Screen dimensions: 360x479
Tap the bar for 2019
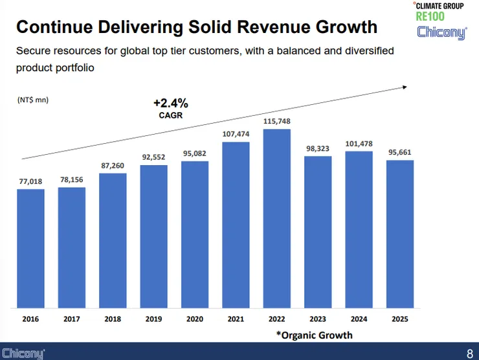(153, 236)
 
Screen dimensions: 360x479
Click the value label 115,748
(276, 121)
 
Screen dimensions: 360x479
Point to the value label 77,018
(30, 181)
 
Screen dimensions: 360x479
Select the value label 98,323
(318, 148)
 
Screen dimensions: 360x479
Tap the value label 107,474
(236, 134)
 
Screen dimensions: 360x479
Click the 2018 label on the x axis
(113, 319)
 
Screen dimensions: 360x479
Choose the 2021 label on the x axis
(236, 319)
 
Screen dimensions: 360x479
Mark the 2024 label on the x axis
(359, 319)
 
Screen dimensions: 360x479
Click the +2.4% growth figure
(170, 103)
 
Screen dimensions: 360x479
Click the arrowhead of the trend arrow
(404, 86)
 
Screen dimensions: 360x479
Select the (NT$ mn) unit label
(32, 100)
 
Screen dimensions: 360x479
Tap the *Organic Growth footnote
(315, 335)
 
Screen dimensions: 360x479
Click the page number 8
(469, 354)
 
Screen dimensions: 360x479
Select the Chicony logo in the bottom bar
(23, 354)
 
